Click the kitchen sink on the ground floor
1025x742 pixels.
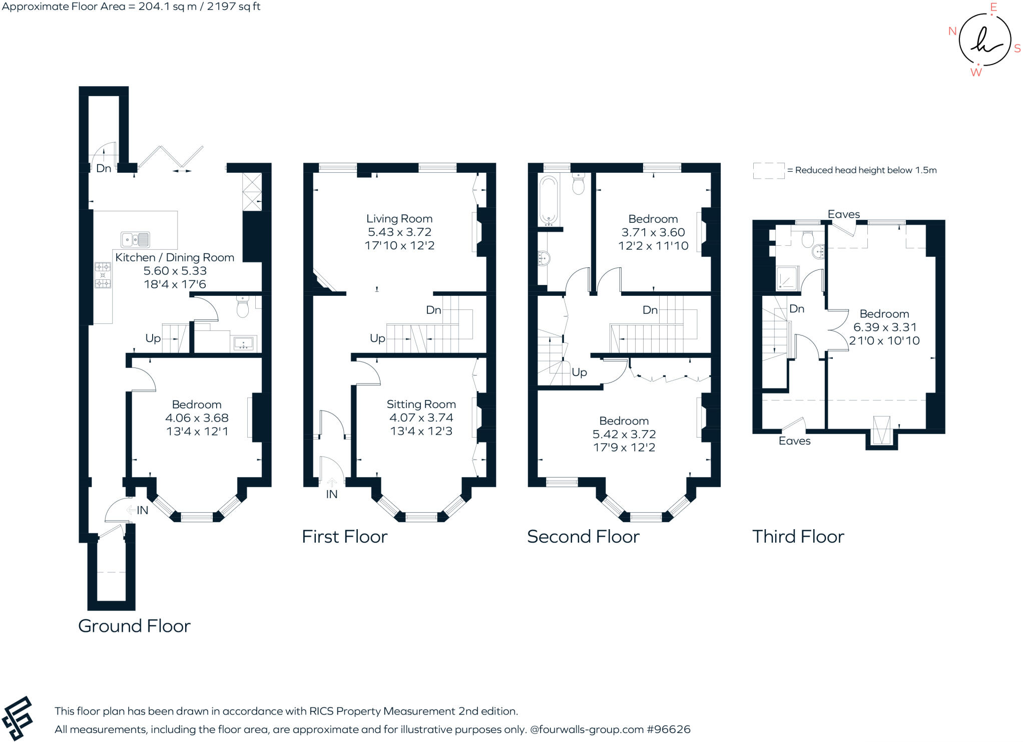click(135, 240)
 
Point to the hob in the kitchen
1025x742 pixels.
click(103, 275)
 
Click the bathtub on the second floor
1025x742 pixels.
click(549, 199)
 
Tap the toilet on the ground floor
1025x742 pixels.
click(243, 306)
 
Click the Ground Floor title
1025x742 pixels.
click(134, 626)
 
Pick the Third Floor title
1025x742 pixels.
click(798, 537)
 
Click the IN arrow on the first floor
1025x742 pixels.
click(332, 483)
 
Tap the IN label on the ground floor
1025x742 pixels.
click(143, 510)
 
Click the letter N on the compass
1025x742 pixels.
click(952, 31)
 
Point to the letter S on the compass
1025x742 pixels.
click(1017, 49)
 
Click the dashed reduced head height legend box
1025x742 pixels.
click(769, 171)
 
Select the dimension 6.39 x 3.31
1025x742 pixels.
click(885, 327)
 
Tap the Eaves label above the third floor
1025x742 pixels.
click(844, 214)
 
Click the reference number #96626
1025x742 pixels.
click(669, 729)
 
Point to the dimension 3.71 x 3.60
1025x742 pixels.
click(653, 232)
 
